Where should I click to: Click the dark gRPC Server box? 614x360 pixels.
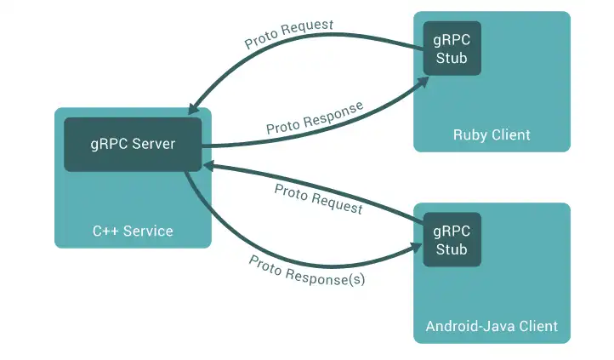coord(133,144)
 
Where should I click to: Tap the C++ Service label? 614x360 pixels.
coord(133,231)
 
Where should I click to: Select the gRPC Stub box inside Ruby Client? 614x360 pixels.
coord(452,48)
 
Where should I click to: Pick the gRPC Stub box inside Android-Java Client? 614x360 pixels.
coord(452,239)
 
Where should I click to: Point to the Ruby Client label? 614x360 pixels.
coord(492,134)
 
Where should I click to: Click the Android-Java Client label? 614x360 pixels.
coord(492,326)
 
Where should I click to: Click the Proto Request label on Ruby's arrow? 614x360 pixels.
coord(289,35)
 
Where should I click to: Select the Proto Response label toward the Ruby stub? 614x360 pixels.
coord(315,118)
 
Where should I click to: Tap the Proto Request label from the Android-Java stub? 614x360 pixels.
coord(318,198)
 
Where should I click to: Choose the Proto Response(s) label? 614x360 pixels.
coord(307,270)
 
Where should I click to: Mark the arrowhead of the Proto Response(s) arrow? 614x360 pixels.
coord(417,248)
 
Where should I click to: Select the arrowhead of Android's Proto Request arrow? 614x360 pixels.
coord(208,167)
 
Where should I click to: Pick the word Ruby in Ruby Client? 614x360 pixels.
coord(469,134)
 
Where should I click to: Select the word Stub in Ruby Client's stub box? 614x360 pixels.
coord(452,58)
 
